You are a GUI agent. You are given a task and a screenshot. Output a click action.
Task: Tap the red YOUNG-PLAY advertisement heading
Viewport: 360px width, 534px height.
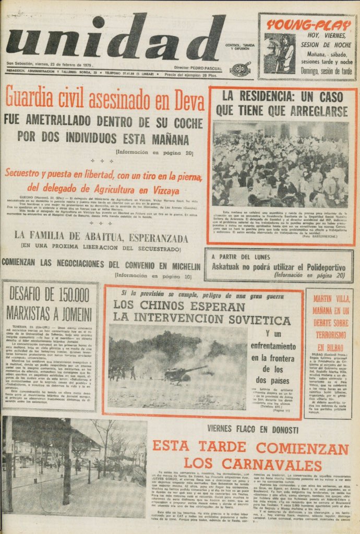308,24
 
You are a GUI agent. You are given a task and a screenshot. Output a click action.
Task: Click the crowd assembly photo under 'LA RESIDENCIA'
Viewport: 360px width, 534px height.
280,164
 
